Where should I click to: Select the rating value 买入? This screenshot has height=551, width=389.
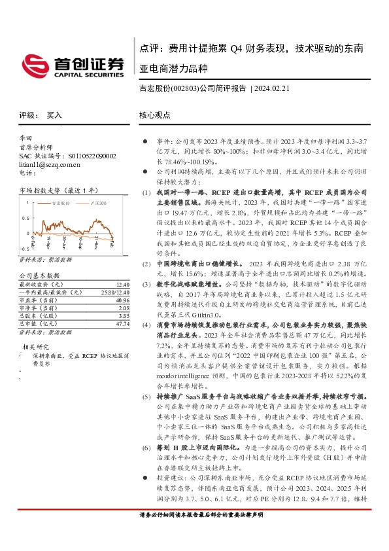(x=54, y=115)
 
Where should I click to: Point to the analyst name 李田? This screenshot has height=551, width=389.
(x=25, y=139)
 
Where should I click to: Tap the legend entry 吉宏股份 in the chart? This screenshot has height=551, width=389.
(x=61, y=204)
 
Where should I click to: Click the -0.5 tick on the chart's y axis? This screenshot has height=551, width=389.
(x=25, y=249)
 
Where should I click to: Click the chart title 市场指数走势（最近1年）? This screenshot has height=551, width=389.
(x=58, y=190)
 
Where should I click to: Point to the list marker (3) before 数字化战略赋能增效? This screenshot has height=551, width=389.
(x=146, y=285)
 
